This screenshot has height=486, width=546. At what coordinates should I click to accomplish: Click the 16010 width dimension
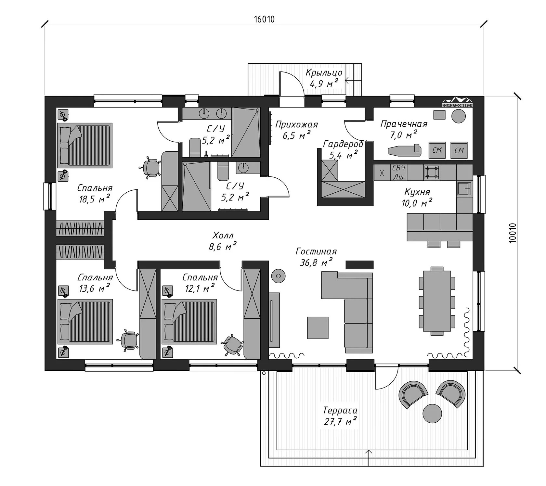(x=264, y=19)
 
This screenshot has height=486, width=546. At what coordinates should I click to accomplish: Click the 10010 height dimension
(x=513, y=233)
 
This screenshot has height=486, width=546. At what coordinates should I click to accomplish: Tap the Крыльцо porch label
(x=324, y=72)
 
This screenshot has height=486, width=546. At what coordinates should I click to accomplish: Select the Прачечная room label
(x=404, y=124)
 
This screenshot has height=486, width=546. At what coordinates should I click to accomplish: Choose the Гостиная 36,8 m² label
(x=316, y=257)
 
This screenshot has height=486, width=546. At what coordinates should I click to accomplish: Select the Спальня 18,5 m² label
(x=95, y=193)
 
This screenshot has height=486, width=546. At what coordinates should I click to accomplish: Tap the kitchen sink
(x=464, y=189)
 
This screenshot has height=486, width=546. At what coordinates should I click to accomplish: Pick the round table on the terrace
(x=432, y=413)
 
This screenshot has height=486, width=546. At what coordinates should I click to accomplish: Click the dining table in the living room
(x=435, y=301)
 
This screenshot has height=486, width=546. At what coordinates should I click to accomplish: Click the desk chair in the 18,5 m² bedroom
(x=151, y=168)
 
